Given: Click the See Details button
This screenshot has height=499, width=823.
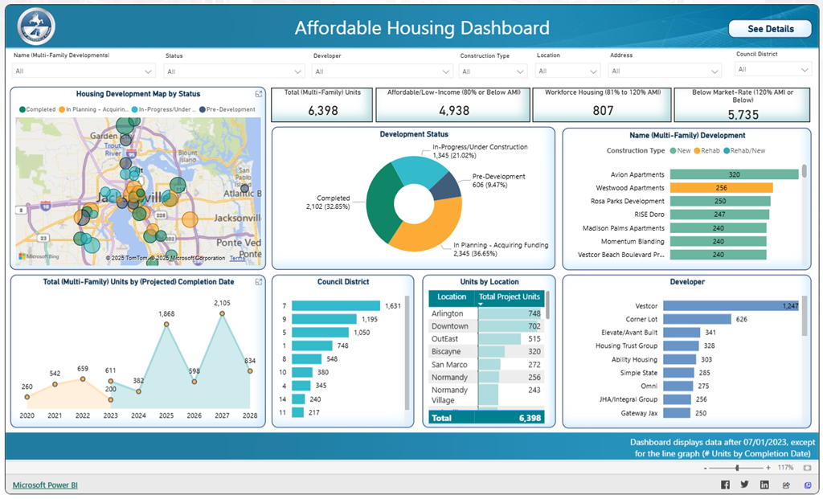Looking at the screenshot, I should pyautogui.click(x=770, y=29).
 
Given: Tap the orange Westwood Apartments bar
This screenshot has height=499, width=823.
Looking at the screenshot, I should pyautogui.click(x=720, y=188).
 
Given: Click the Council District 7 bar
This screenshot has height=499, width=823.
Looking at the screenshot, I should pyautogui.click(x=335, y=306).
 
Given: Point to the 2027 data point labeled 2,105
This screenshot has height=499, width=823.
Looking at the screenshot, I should pyautogui.click(x=223, y=314).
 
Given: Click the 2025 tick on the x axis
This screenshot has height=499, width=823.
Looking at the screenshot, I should pyautogui.click(x=166, y=415).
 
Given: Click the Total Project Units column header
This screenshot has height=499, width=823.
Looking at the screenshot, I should pyautogui.click(x=510, y=297).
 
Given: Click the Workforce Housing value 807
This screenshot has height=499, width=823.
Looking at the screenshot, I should pyautogui.click(x=602, y=110).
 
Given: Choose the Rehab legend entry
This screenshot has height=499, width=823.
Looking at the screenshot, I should pyautogui.click(x=707, y=151).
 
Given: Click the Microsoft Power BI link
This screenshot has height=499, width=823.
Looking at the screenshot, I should pyautogui.click(x=45, y=485).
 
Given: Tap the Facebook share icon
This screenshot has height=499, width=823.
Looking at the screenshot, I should pyautogui.click(x=725, y=485).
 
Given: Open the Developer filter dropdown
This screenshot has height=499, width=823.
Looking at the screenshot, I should pyautogui.click(x=383, y=71).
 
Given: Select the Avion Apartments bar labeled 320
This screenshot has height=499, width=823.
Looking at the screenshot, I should pyautogui.click(x=733, y=174).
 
